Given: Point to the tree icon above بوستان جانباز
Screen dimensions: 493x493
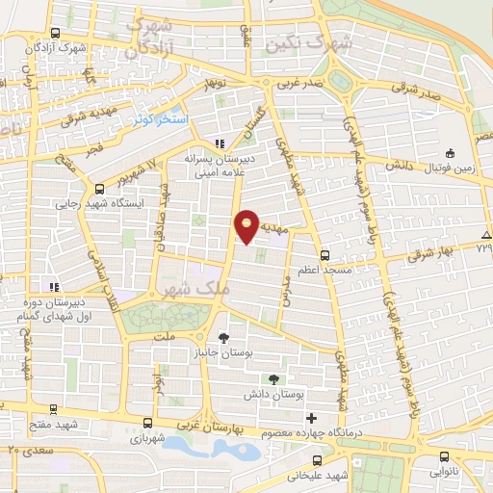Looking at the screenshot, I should [223, 338].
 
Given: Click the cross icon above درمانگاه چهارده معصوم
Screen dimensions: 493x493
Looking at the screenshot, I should [310, 418].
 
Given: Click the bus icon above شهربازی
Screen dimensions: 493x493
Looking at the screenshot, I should [147, 423].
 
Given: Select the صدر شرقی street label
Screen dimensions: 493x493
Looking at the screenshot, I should [421, 92].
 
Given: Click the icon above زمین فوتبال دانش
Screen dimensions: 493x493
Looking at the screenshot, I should [450, 153].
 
